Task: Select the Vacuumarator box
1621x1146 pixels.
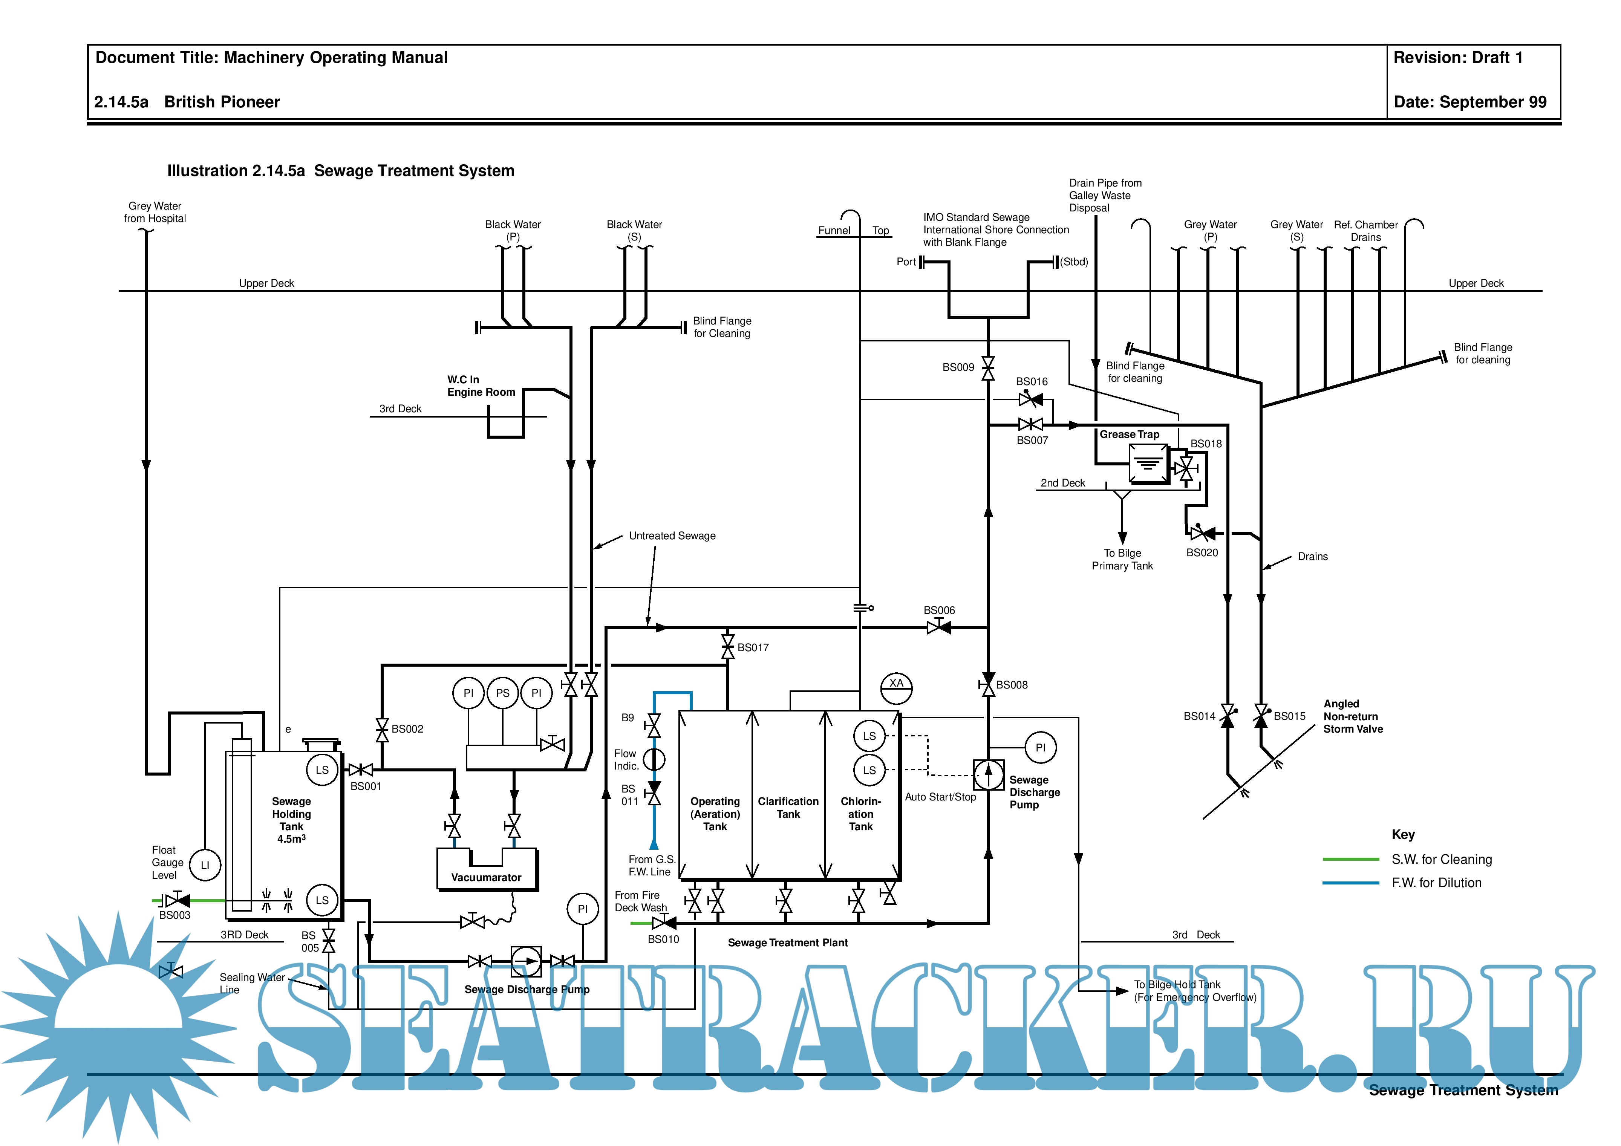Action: point(487,869)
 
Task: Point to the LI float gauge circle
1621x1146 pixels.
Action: point(205,865)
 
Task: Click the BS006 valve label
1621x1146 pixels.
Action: point(939,610)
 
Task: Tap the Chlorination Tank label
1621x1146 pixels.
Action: point(861,813)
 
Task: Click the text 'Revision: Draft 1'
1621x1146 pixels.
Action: point(1457,58)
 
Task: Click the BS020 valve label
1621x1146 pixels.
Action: point(1202,553)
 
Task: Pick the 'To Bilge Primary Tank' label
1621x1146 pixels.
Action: point(1122,559)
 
